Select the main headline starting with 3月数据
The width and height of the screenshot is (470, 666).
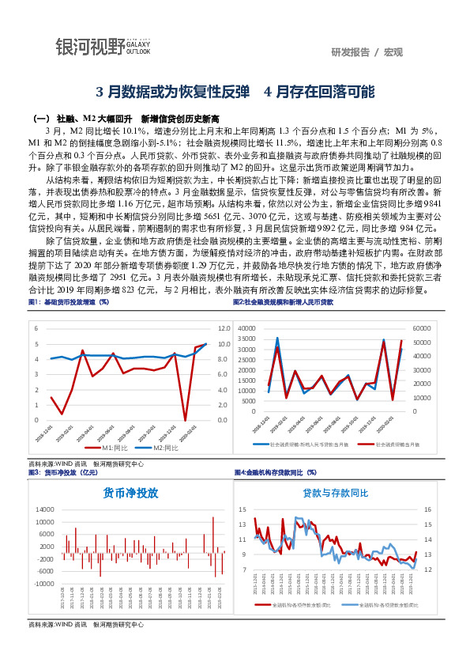235,91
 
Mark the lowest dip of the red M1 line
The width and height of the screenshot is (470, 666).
185,420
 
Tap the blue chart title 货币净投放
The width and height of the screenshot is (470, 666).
131,492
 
